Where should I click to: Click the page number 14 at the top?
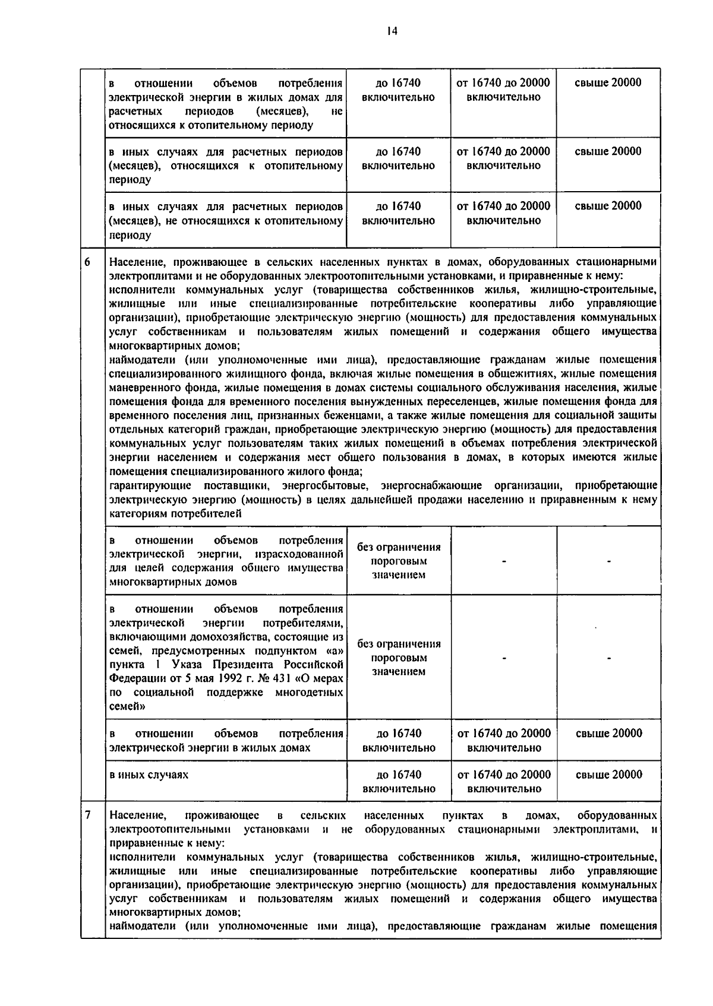[390, 31]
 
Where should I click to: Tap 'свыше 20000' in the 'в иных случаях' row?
[609, 775]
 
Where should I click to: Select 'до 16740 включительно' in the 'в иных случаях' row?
[399, 782]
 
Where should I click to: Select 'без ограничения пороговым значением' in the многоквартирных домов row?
[399, 561]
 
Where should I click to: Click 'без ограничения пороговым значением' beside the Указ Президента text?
[399, 658]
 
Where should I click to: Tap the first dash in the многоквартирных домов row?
[504, 561]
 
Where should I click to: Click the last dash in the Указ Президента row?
[609, 658]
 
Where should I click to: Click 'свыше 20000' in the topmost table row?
[608, 83]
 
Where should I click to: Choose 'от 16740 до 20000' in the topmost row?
[503, 83]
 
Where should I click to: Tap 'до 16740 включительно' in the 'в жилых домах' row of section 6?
[399, 740]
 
